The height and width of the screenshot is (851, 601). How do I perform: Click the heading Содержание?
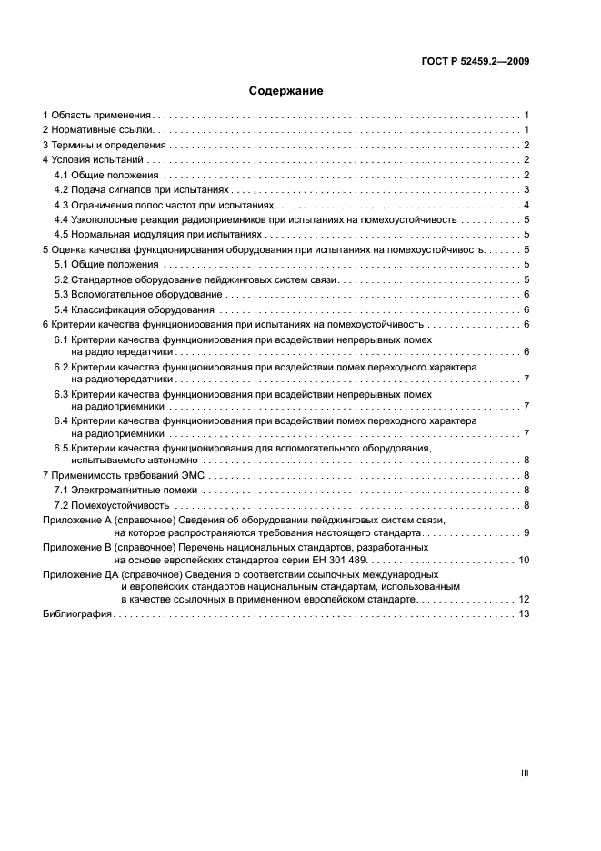click(286, 91)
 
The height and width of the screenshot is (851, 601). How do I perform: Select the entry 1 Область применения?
click(97, 116)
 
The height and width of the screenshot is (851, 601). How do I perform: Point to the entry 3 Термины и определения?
click(105, 145)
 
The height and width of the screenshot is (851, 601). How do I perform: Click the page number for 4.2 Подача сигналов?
click(526, 189)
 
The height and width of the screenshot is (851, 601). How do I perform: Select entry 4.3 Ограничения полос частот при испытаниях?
click(156, 205)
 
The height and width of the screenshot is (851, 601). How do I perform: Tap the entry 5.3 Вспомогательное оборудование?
click(137, 294)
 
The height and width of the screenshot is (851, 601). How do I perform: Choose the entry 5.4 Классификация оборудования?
click(134, 309)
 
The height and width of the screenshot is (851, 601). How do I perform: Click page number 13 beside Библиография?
click(524, 614)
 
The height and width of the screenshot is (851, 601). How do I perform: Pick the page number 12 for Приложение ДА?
click(524, 600)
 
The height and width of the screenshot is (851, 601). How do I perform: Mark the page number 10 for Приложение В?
click(524, 560)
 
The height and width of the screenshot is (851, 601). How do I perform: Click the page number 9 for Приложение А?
click(526, 532)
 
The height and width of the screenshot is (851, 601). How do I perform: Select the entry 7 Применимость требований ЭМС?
click(126, 475)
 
